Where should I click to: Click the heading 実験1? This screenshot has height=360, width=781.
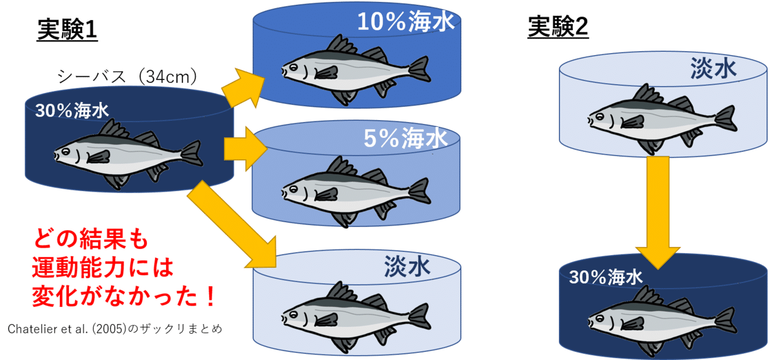pos(67,30)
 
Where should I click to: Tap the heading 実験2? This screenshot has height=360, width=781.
pos(558,27)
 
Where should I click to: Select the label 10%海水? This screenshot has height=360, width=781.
pos(406,22)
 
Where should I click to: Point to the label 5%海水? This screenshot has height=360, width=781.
pos(406,138)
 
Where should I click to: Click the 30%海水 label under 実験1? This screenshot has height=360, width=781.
pos(72,111)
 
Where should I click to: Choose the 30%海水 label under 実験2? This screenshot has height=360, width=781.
pos(606,278)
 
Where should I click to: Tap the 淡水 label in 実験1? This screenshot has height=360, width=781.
pos(407,267)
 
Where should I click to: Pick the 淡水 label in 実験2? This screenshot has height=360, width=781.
pos(713,68)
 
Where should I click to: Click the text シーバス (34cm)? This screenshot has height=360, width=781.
pos(127,77)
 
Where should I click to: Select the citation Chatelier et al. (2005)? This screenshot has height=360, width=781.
pos(67,329)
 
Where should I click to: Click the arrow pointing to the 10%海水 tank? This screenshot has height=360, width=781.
pos(243,88)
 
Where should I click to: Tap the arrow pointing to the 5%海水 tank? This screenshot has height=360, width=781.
pos(245,149)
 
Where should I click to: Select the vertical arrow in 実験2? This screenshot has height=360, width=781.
pos(658,213)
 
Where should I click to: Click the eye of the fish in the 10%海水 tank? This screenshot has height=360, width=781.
pos(293,67)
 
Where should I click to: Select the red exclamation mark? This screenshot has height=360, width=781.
pos(211,297)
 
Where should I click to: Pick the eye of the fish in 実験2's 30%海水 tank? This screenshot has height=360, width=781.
pos(600,319)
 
